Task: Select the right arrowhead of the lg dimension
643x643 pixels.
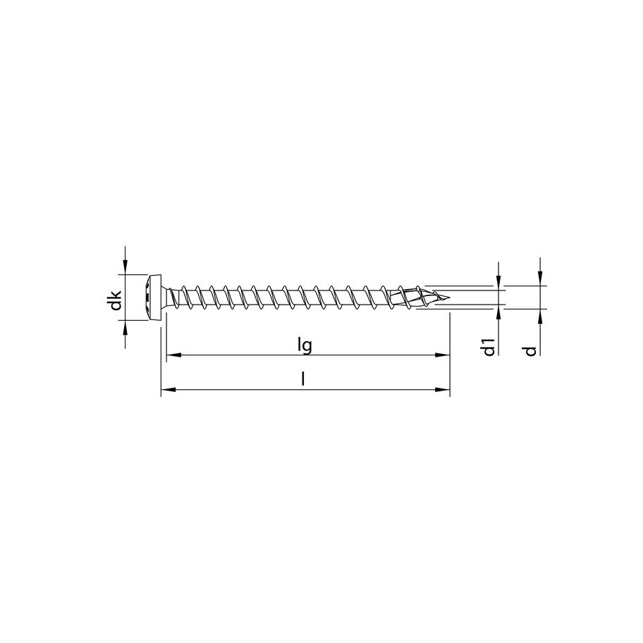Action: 442,355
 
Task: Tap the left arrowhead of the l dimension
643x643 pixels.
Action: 169,389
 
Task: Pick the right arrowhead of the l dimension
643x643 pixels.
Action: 443,389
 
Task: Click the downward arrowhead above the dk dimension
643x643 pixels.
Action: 125,268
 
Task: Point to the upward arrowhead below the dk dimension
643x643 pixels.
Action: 125,325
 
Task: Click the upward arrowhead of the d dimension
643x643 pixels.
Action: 539,314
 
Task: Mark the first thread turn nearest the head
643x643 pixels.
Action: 185,297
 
